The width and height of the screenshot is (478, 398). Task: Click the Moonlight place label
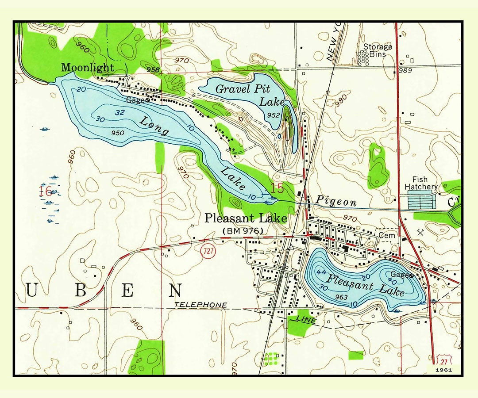(88, 68)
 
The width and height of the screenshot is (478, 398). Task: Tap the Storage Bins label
(378, 50)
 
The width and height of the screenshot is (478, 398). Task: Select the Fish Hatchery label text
(421, 183)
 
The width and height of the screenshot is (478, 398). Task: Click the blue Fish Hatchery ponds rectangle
(421, 202)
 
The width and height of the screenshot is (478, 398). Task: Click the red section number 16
(45, 191)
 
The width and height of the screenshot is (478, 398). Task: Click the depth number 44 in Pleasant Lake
(321, 271)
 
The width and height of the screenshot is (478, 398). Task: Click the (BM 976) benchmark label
(243, 230)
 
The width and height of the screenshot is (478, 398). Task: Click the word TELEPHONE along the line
(201, 305)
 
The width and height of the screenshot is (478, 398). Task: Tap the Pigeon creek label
(335, 202)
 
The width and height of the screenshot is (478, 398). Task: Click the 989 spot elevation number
(405, 71)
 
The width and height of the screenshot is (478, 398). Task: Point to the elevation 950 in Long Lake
(118, 133)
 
